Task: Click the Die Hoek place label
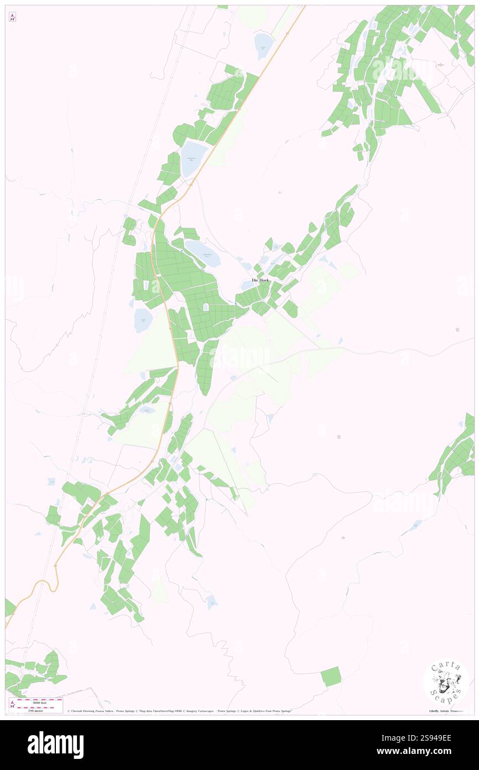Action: pyautogui.click(x=261, y=280)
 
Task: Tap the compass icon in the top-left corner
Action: pyautogui.click(x=12, y=17)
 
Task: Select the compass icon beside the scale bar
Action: pyautogui.click(x=12, y=704)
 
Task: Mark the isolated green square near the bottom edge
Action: pyautogui.click(x=331, y=676)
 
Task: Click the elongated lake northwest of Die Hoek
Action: pyautogui.click(x=202, y=253)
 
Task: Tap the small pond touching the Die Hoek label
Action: pyautogui.click(x=247, y=285)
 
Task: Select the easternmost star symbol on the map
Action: pyautogui.click(x=457, y=330)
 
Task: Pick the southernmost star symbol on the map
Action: pyautogui.click(x=343, y=538)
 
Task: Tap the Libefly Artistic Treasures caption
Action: pyautogui.click(x=448, y=711)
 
